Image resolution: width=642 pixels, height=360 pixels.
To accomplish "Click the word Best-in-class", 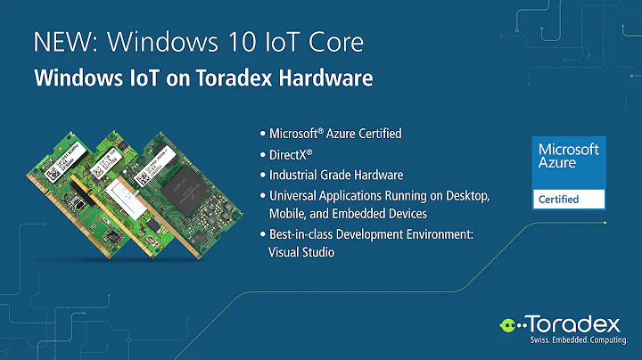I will point(304,234).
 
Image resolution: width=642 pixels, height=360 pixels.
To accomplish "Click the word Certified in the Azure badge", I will point(558,200).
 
